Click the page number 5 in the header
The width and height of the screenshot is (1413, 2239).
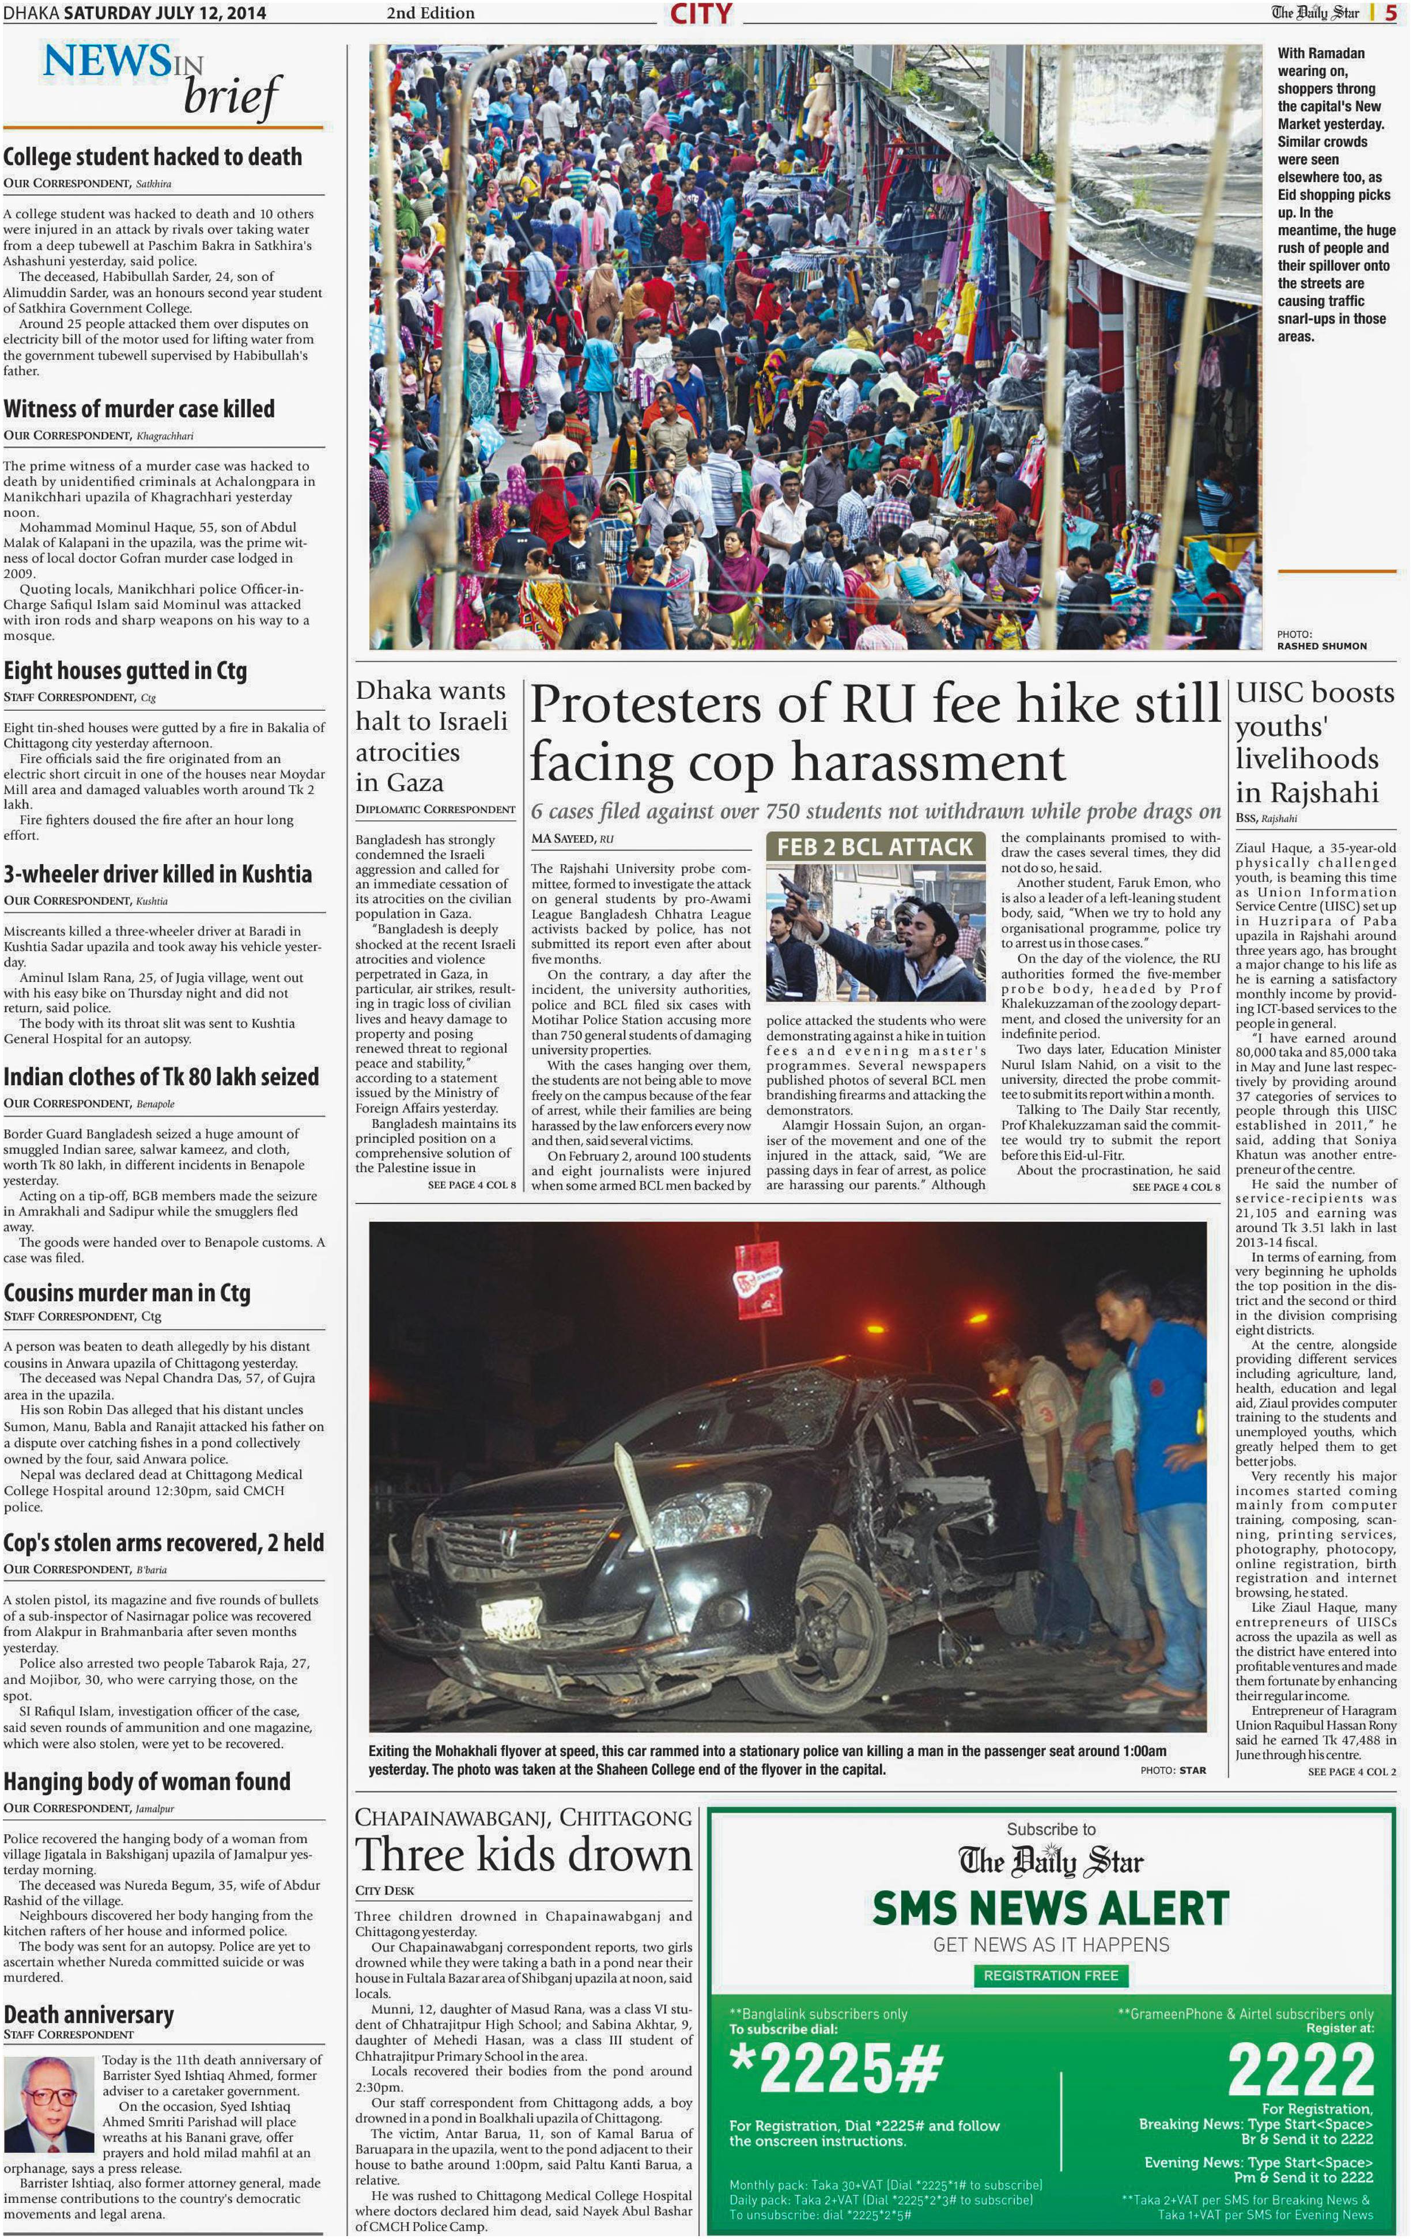[1391, 13]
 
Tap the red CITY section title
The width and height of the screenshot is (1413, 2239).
[701, 14]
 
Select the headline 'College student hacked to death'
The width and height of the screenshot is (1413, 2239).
[153, 157]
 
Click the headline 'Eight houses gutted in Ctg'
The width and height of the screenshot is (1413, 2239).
[124, 670]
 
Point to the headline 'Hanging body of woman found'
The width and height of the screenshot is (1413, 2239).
[147, 1782]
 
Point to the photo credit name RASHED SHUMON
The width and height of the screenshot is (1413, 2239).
[1321, 645]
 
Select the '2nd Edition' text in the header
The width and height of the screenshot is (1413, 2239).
[430, 13]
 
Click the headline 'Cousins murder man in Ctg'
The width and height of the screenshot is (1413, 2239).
[127, 1293]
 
